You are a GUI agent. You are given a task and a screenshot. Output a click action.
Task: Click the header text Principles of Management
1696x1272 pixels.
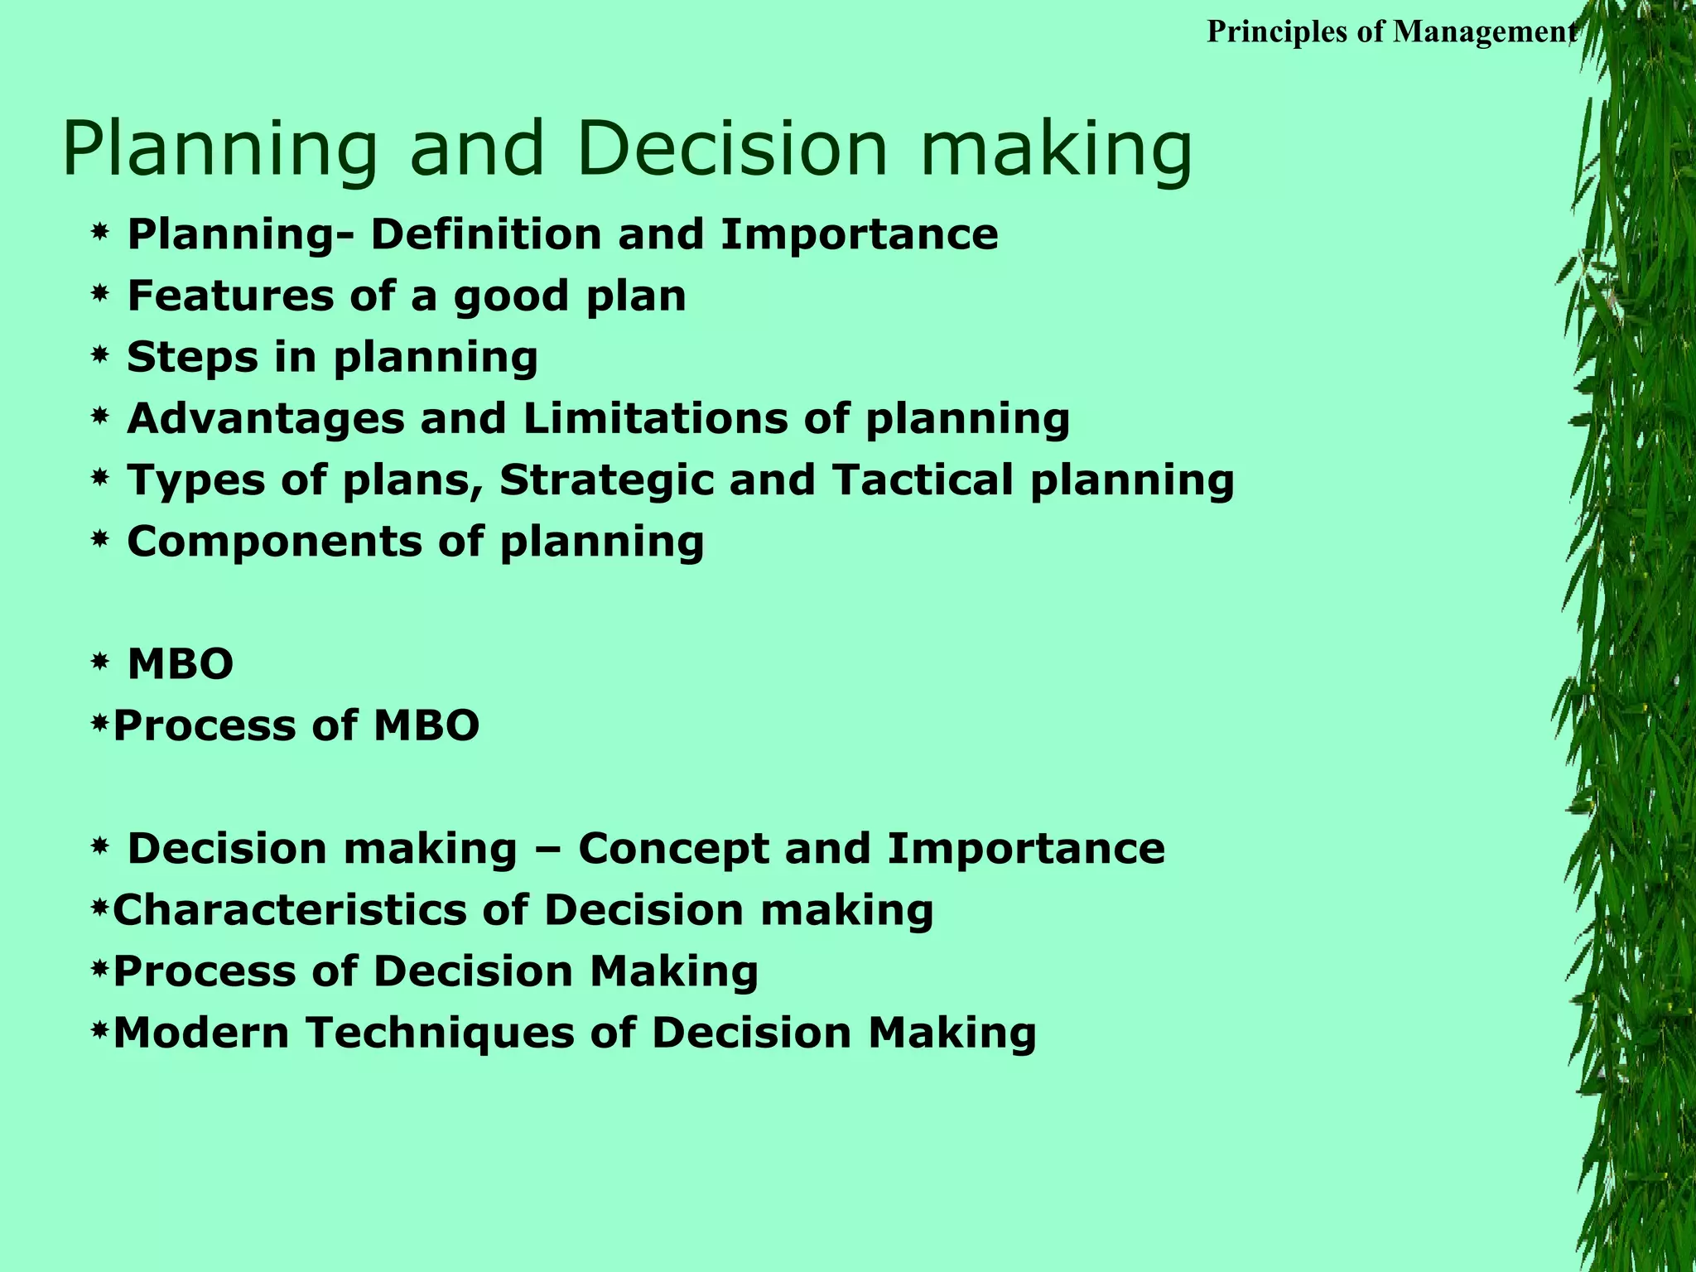tap(1391, 31)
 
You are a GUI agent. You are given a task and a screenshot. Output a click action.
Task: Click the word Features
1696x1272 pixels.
tap(230, 296)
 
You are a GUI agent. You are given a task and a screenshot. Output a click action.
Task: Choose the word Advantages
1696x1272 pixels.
tap(265, 418)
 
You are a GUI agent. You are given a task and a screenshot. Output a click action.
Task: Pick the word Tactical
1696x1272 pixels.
tap(923, 480)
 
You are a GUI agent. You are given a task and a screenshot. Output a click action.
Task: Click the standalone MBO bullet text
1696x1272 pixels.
tap(181, 664)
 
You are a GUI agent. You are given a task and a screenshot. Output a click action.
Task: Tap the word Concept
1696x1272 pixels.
tap(674, 849)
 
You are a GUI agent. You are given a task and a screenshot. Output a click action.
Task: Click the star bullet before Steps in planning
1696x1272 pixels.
tap(100, 357)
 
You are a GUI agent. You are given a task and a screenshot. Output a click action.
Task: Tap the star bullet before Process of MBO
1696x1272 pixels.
tap(100, 725)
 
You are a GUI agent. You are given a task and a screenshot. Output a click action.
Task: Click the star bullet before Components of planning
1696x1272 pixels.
tap(100, 542)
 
